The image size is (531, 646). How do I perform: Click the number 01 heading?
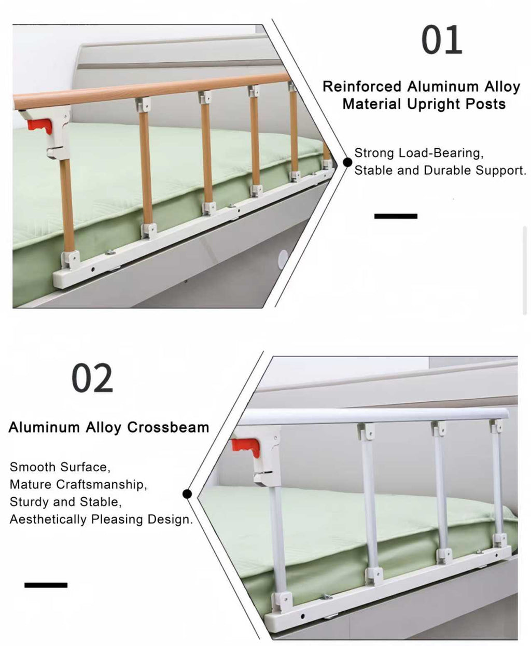click(x=441, y=40)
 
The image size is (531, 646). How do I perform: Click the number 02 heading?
click(x=92, y=378)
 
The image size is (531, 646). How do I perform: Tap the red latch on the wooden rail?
click(x=41, y=125)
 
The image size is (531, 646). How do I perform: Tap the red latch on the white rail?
click(x=246, y=447)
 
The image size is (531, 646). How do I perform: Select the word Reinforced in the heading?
click(x=362, y=87)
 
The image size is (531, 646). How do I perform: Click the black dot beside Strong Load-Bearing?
click(x=347, y=162)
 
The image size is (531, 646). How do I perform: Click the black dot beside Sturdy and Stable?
click(x=187, y=494)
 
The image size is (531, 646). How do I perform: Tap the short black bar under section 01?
click(x=396, y=216)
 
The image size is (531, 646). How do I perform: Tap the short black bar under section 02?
click(x=46, y=585)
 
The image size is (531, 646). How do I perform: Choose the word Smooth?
click(x=32, y=467)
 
